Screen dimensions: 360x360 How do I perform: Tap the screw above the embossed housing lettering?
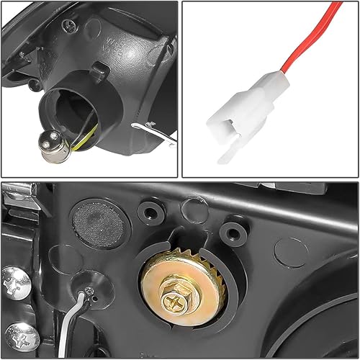click(x=69, y=26)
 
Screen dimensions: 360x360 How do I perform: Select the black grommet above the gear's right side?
click(x=231, y=232)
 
